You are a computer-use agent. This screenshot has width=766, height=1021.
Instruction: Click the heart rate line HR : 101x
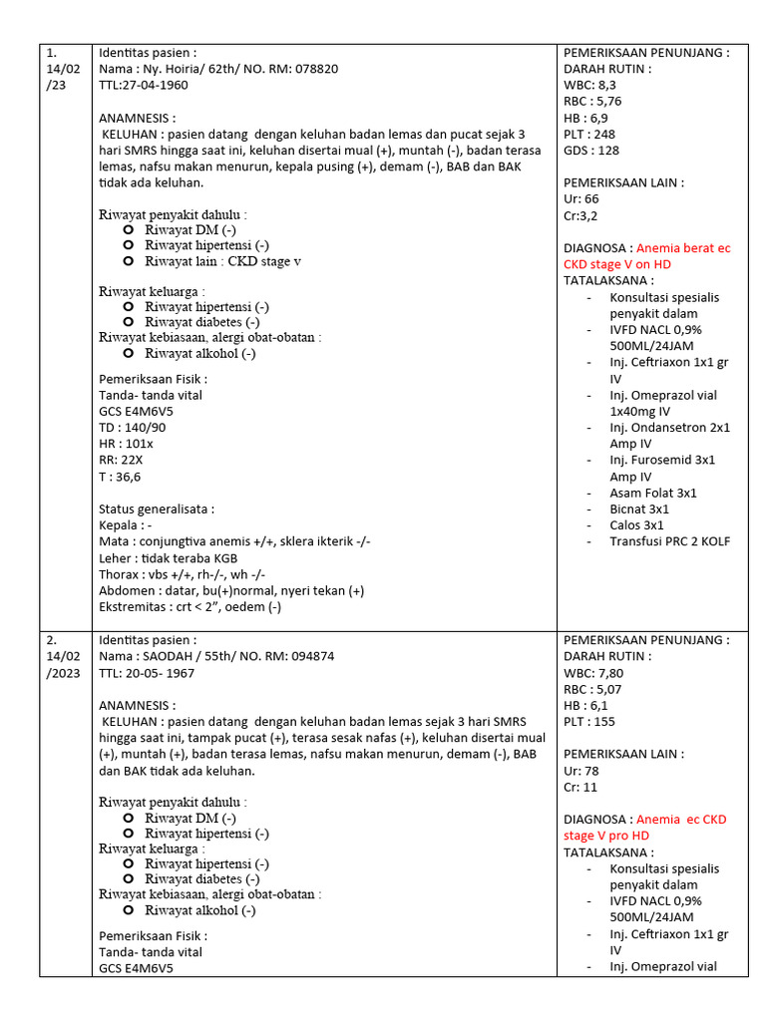pyautogui.click(x=126, y=444)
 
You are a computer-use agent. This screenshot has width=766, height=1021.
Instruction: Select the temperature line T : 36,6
pyautogui.click(x=120, y=477)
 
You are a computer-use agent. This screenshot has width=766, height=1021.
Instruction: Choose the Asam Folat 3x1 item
pyautogui.click(x=653, y=493)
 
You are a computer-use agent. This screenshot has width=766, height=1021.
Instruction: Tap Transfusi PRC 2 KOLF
pyautogui.click(x=669, y=541)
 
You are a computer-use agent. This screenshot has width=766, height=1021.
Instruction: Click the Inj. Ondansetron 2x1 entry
pyautogui.click(x=669, y=427)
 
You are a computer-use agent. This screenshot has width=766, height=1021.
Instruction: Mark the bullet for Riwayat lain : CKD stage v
pyautogui.click(x=129, y=261)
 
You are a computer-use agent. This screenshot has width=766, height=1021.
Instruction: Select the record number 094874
pyautogui.click(x=305, y=656)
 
